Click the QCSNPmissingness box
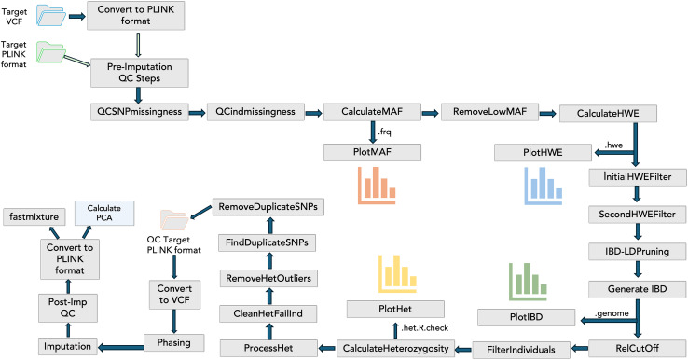[140, 112]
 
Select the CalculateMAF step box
[372, 112]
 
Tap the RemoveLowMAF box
[489, 112]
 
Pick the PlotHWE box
[543, 153]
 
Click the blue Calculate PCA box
[104, 213]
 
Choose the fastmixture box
[34, 217]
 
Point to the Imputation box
[67, 346]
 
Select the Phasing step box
[174, 343]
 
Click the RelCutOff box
[637, 349]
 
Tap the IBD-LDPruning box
[637, 252]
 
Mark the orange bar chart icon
[377, 186]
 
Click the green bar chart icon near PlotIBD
[528, 282]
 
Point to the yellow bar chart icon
[397, 274]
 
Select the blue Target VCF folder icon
[51, 15]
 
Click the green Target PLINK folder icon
[51, 52]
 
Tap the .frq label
[384, 132]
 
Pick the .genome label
[612, 313]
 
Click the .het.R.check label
[425, 327]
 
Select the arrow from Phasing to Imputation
[120, 348]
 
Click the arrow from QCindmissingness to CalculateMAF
[314, 113]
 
